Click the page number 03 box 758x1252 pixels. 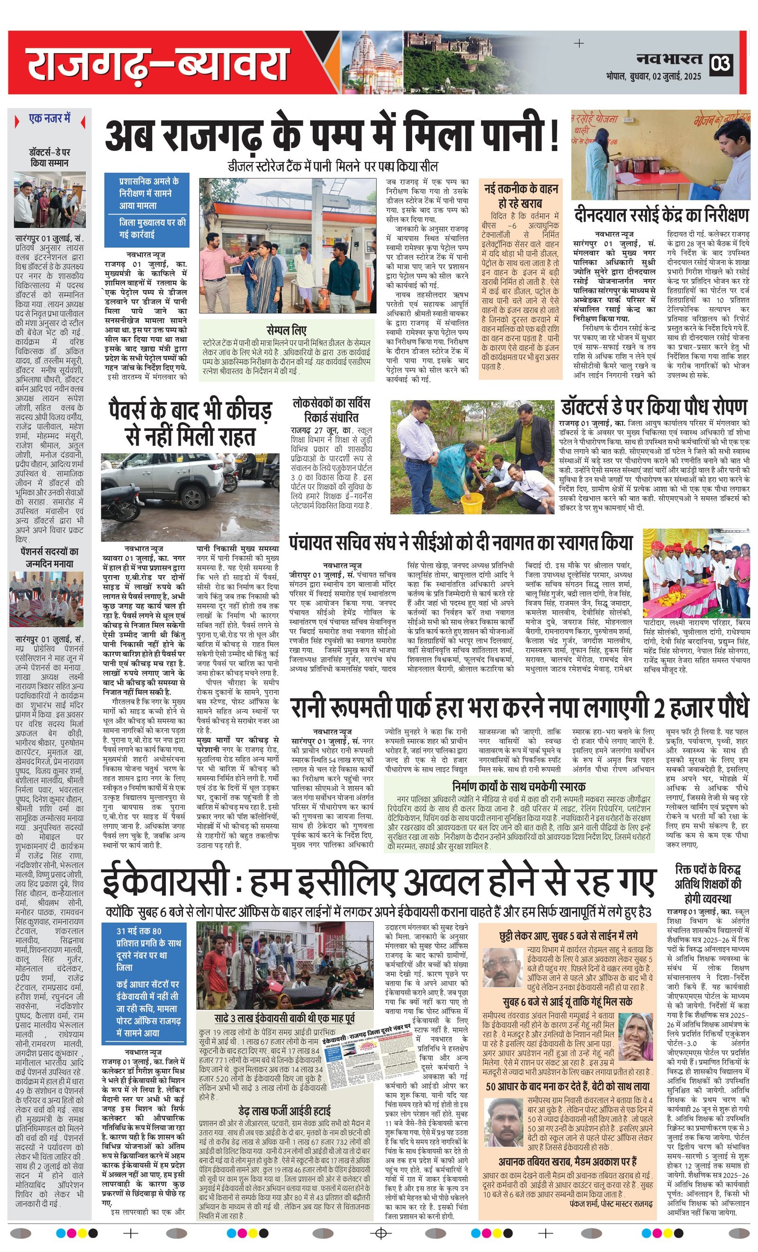click(721, 63)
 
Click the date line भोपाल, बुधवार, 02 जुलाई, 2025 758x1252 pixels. click(653, 77)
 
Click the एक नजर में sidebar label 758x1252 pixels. click(50, 119)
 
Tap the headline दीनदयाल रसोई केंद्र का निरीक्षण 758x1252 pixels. click(661, 215)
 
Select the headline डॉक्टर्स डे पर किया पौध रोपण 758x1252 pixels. click(654, 407)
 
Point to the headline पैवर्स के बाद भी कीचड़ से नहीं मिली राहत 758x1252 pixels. click(190, 423)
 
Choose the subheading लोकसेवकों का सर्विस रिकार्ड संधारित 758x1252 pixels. click(331, 411)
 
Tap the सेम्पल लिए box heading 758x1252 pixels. click(286, 330)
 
